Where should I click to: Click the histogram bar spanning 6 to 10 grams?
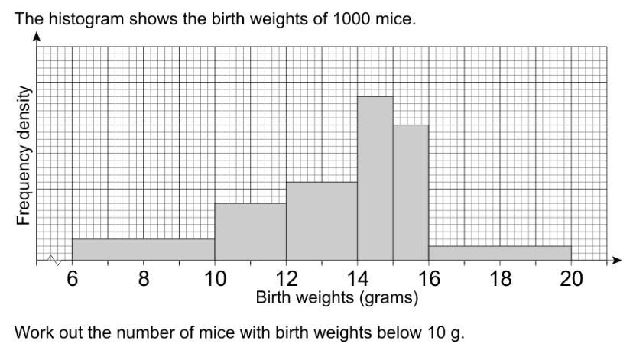[143, 250]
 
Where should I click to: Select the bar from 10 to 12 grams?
[250, 232]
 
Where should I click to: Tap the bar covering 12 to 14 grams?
[321, 222]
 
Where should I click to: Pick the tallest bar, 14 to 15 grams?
[375, 179]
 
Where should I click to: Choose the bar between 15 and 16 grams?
[411, 193]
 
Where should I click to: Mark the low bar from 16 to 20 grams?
[499, 253]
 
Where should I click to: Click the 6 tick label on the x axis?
[72, 280]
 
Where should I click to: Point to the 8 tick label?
[143, 280]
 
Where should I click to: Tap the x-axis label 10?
[215, 280]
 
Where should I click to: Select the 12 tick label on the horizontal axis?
[286, 280]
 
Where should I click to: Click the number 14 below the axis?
[357, 280]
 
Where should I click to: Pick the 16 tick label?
[428, 280]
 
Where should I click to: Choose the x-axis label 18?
[500, 280]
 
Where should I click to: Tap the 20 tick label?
[571, 280]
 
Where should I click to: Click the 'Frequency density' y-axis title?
[24, 157]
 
